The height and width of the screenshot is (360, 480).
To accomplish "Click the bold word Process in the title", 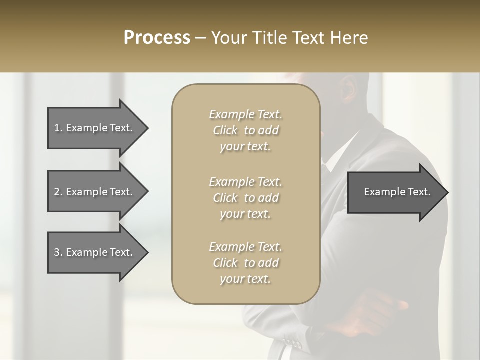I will pos(157,38).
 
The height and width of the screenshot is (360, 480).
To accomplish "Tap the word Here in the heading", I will pos(350,38).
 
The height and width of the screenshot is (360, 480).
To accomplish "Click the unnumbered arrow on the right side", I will pos(395,192).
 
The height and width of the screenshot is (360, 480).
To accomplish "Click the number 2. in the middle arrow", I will pos(58,192).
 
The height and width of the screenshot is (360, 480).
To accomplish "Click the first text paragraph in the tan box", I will pos(245,130).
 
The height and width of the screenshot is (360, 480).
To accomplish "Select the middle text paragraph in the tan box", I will pos(245,198).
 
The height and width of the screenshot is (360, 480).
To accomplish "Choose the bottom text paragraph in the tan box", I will pos(245,263).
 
